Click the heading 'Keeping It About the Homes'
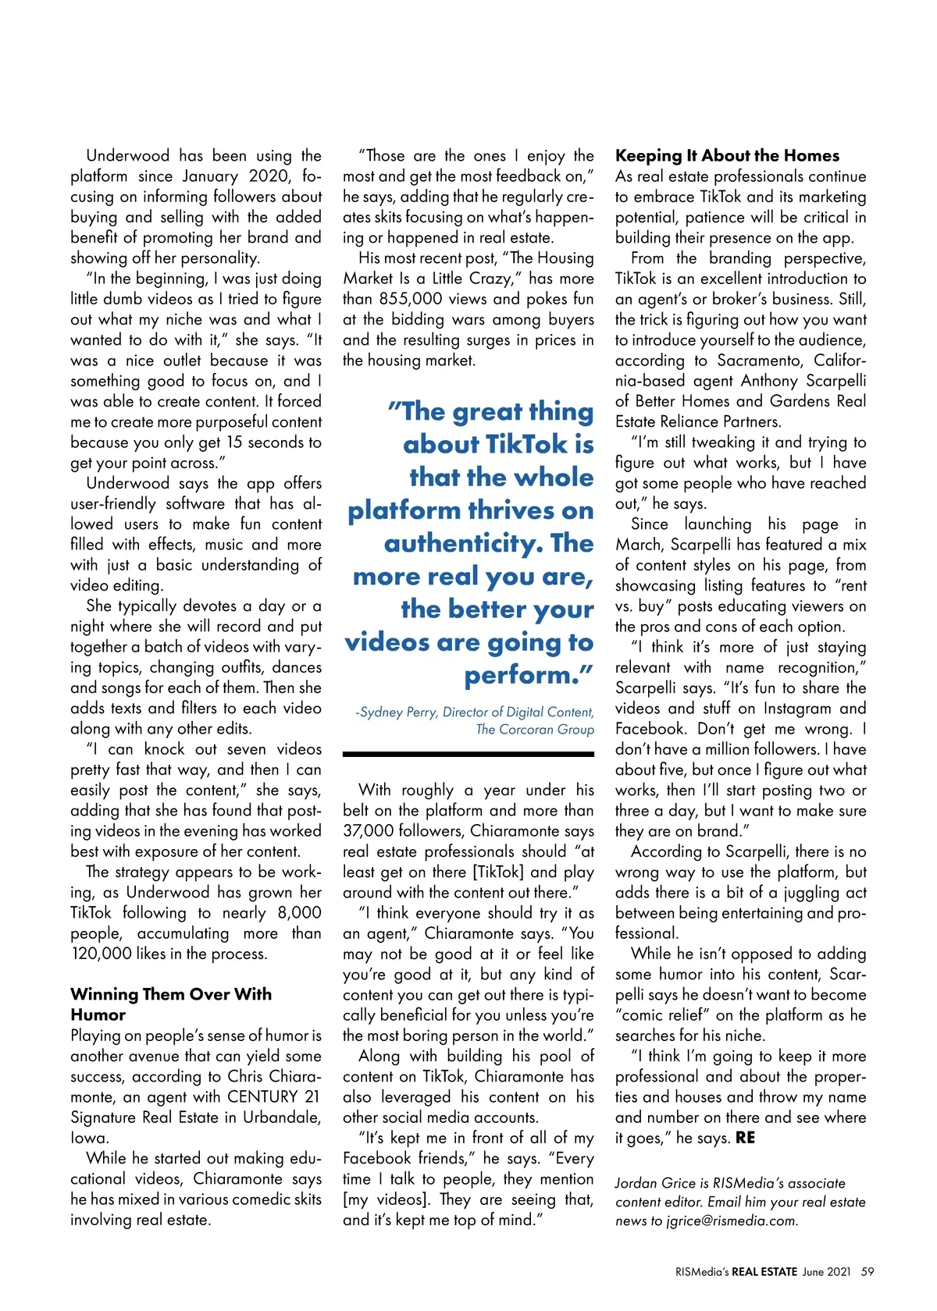click(x=727, y=155)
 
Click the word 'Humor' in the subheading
click(x=98, y=1014)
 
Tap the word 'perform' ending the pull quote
click(x=522, y=675)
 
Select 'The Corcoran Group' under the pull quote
click(x=535, y=729)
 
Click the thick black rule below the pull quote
click(x=468, y=755)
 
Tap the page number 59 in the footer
click(x=868, y=1271)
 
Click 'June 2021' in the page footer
click(x=826, y=1271)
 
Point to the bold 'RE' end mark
click(x=745, y=1138)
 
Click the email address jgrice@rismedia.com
click(x=732, y=1221)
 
